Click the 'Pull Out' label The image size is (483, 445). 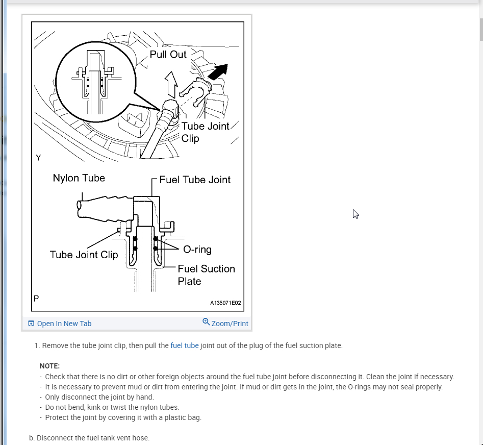click(x=168, y=54)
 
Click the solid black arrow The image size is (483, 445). click(x=217, y=72)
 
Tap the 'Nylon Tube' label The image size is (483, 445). click(x=79, y=178)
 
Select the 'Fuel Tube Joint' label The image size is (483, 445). click(x=195, y=180)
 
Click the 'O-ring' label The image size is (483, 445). click(x=197, y=250)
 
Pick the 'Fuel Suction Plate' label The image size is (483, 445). click(x=206, y=275)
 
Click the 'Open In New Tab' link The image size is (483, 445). click(x=64, y=324)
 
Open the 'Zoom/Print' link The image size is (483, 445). click(x=230, y=324)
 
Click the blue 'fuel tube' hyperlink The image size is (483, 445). click(x=185, y=345)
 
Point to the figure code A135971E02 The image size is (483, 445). click(x=225, y=303)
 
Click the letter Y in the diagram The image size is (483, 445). click(x=38, y=158)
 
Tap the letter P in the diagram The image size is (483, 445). click(x=36, y=298)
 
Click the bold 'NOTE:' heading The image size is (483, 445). click(x=50, y=366)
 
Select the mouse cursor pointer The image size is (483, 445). click(x=355, y=214)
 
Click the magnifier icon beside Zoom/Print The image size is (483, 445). click(x=206, y=322)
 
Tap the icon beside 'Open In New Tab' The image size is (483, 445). click(x=31, y=324)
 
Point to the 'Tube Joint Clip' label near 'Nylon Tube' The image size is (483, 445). click(x=84, y=255)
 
